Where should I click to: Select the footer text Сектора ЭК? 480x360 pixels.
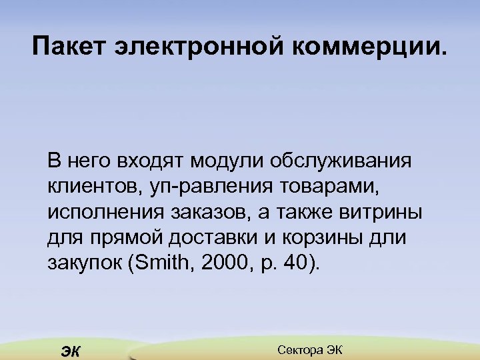(x=309, y=349)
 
